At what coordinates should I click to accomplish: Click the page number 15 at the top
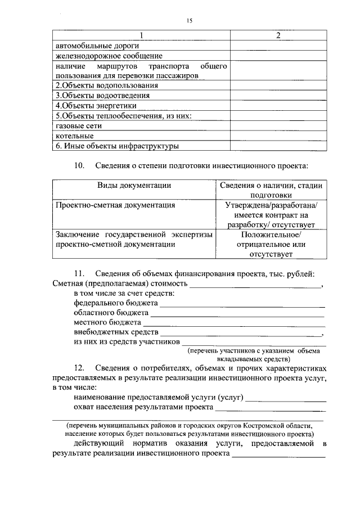tap(189, 20)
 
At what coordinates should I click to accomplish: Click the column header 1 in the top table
tap(141, 35)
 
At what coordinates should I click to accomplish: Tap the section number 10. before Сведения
tap(80, 166)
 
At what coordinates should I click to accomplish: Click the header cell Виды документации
tap(134, 185)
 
